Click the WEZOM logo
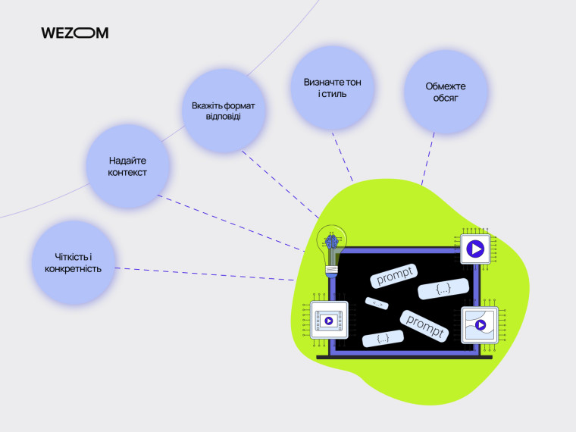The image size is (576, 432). tap(74, 33)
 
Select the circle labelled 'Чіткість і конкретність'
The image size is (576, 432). tap(74, 263)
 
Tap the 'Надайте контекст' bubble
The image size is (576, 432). tap(127, 167)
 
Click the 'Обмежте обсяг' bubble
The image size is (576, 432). tap(445, 92)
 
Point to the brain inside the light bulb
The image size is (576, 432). tap(330, 242)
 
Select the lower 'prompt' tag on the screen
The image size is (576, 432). tap(424, 322)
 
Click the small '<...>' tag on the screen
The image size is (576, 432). tap(377, 303)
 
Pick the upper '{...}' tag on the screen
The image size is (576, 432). tap(443, 289)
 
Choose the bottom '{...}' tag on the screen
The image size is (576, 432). tap(383, 339)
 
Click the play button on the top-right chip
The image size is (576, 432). tap(475, 249)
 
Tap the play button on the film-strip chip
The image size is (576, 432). tap(329, 321)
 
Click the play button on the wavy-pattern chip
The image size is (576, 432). tap(480, 326)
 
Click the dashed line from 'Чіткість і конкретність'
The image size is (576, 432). tap(205, 274)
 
